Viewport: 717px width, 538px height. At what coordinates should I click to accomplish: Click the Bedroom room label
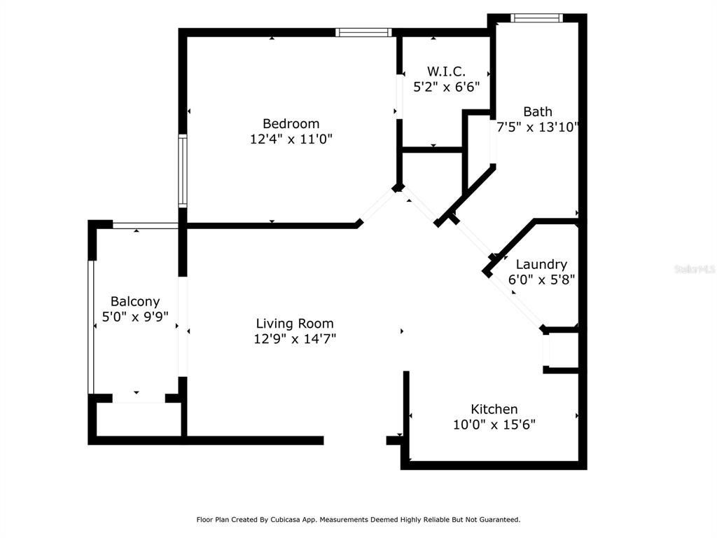291,123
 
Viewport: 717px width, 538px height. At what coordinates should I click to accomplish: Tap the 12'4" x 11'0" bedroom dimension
291,139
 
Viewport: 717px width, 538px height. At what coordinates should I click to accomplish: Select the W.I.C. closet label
446,71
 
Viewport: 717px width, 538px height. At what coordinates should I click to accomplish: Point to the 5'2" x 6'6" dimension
446,86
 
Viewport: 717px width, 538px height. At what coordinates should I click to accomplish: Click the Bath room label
538,111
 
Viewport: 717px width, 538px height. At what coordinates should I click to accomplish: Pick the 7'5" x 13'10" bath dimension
538,127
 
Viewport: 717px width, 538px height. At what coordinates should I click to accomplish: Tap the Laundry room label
541,264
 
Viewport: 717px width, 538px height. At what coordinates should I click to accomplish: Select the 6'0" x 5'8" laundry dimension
541,280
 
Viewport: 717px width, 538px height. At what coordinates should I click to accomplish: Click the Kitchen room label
494,409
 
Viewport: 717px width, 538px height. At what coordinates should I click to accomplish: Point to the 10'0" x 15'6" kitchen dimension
494,425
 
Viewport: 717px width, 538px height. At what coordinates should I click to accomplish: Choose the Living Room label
295,324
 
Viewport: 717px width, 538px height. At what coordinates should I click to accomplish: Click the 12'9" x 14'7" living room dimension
295,339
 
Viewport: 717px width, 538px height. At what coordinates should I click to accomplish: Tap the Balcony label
135,302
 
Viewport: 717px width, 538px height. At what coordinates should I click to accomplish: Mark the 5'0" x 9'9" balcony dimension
135,317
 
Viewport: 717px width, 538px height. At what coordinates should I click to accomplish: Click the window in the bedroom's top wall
363,32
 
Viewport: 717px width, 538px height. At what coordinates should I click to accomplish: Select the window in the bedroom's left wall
183,171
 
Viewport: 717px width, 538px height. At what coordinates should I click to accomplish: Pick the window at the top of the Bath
537,18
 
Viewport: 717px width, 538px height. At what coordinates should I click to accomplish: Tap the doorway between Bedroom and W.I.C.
399,97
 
